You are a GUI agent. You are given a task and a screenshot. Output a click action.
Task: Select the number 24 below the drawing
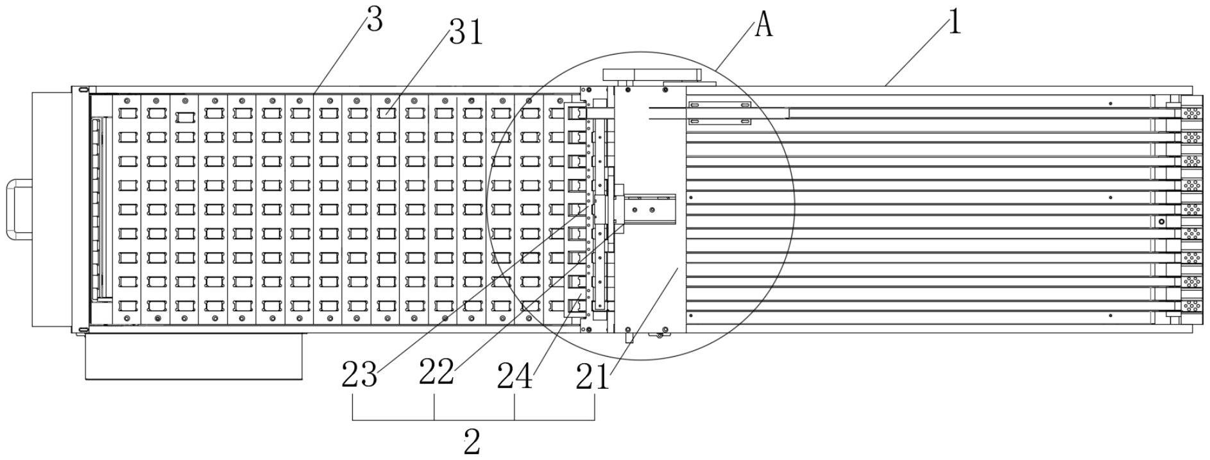[x=515, y=377]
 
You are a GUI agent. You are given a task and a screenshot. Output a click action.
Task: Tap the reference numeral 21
[x=592, y=377]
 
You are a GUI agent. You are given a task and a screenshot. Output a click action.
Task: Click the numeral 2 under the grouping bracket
[x=472, y=442]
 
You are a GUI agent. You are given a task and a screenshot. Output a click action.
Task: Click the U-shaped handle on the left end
[x=19, y=210]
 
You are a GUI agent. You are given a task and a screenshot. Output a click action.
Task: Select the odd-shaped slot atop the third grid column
[x=185, y=117]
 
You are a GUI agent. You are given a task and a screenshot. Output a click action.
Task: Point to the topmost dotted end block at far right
[x=1191, y=114]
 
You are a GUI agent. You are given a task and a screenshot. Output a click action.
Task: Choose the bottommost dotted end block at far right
[x=1191, y=306]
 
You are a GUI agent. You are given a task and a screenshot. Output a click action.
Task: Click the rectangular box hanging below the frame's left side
[x=194, y=356]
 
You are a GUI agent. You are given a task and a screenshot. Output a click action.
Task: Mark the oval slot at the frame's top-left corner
[x=81, y=90]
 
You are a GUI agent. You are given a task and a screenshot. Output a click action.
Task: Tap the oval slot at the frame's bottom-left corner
[x=81, y=330]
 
